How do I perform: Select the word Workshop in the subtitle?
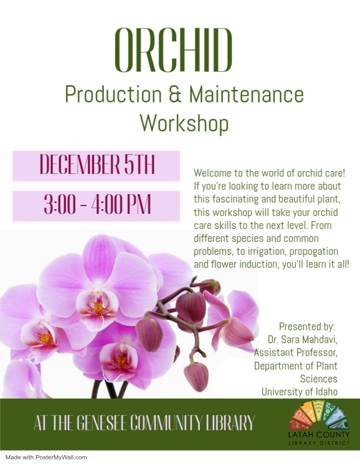[184, 123]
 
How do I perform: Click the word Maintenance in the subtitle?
[247, 95]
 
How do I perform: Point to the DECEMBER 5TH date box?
[96, 166]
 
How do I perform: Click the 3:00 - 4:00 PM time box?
[96, 206]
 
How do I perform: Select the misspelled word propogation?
[313, 252]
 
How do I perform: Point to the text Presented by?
[307, 327]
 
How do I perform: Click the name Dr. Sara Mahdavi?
[303, 339]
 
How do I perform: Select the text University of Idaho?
[299, 392]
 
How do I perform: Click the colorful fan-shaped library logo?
[319, 415]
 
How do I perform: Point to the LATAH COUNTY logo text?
[319, 435]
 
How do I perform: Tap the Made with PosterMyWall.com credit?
[46, 457]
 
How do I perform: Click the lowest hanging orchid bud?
[196, 376]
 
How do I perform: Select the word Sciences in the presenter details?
[319, 379]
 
